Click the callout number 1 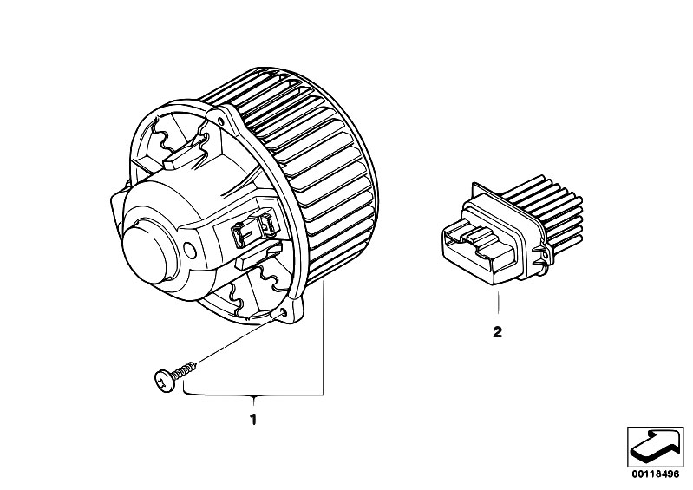(x=253, y=419)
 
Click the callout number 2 (x=498, y=332)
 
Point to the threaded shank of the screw (x=183, y=370)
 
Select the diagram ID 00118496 (x=655, y=474)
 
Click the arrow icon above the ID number (x=655, y=448)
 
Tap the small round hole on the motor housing (x=190, y=251)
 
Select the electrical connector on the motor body (x=255, y=228)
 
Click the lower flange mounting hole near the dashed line (x=283, y=313)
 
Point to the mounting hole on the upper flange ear (x=220, y=108)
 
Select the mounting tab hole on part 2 (x=546, y=254)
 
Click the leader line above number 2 (x=498, y=303)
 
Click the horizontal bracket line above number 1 (x=253, y=394)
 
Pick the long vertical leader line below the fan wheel (x=324, y=337)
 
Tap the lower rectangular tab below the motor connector (x=258, y=258)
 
